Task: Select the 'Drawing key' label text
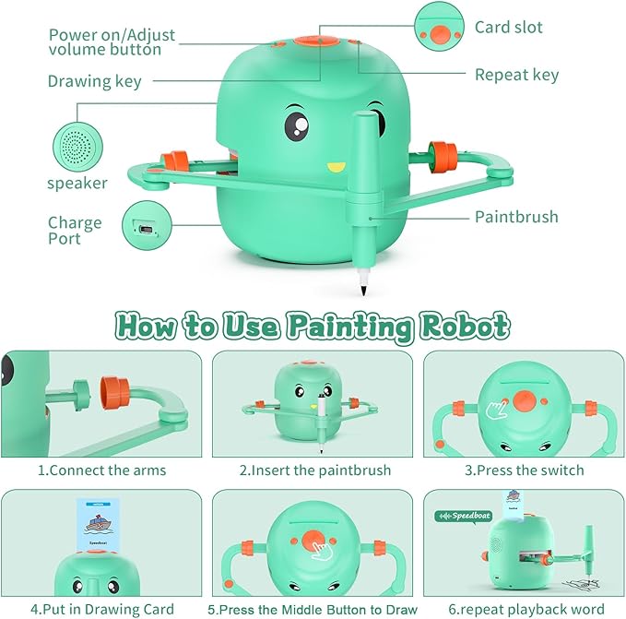(95, 81)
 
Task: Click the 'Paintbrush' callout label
(516, 218)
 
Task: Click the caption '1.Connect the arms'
(102, 470)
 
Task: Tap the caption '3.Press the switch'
(524, 470)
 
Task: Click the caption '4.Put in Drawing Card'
(102, 609)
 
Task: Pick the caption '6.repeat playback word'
(524, 609)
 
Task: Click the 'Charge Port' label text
(75, 231)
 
